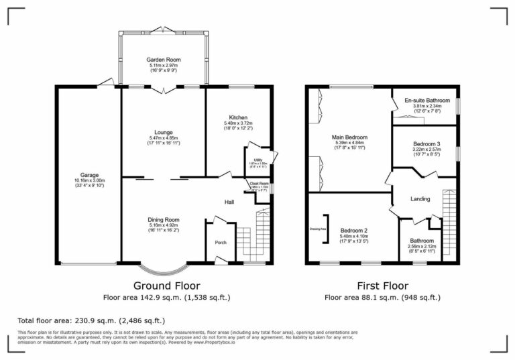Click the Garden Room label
(x=164, y=60)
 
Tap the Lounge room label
(x=164, y=132)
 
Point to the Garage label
(x=89, y=176)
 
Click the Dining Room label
(x=164, y=219)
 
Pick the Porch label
(x=220, y=242)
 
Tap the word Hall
(x=229, y=201)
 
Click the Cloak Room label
(x=259, y=184)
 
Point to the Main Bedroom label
(x=349, y=137)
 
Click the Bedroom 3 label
(x=426, y=144)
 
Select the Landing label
(x=420, y=198)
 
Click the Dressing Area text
(x=317, y=229)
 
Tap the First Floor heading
(x=382, y=285)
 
